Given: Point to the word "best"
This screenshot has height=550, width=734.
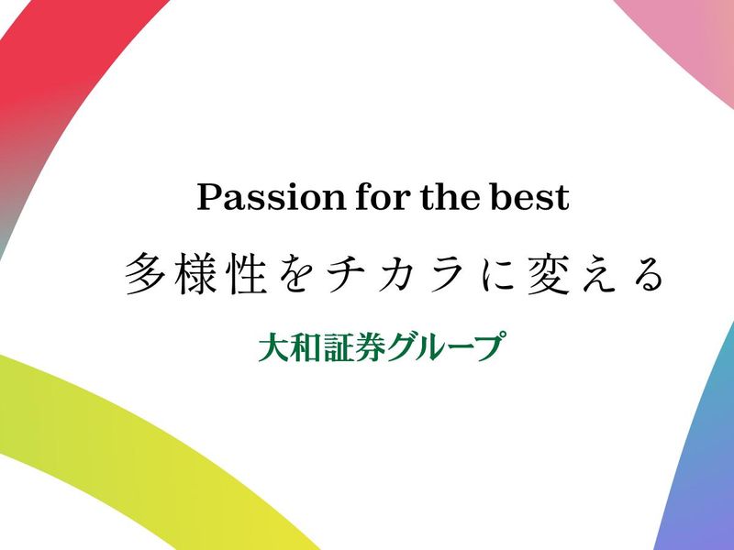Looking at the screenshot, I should pyautogui.click(x=533, y=198).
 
